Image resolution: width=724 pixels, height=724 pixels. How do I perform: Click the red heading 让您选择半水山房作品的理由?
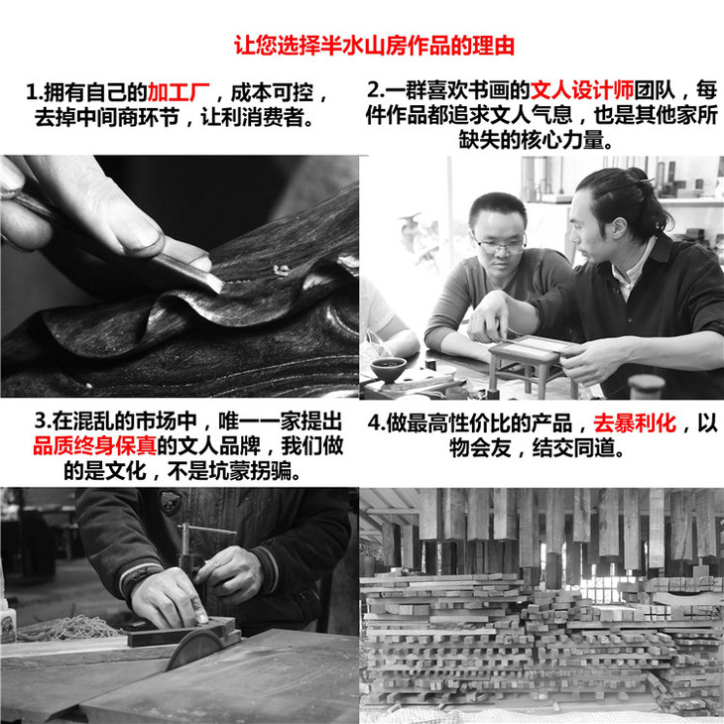(x=374, y=46)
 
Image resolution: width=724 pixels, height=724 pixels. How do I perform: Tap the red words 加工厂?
(x=179, y=93)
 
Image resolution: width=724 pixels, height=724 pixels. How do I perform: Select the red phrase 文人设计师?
(x=582, y=90)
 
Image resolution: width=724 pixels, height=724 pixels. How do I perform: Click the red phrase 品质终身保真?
(x=94, y=446)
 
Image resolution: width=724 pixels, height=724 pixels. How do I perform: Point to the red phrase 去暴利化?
(x=635, y=422)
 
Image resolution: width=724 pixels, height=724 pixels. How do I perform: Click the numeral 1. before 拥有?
(x=35, y=93)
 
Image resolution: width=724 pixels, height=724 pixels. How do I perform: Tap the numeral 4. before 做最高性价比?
(x=376, y=423)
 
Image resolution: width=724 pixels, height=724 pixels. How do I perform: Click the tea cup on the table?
(x=389, y=369)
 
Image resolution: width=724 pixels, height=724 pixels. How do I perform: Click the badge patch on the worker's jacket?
(x=171, y=503)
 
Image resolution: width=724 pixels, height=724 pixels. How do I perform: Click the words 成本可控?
(x=272, y=93)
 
